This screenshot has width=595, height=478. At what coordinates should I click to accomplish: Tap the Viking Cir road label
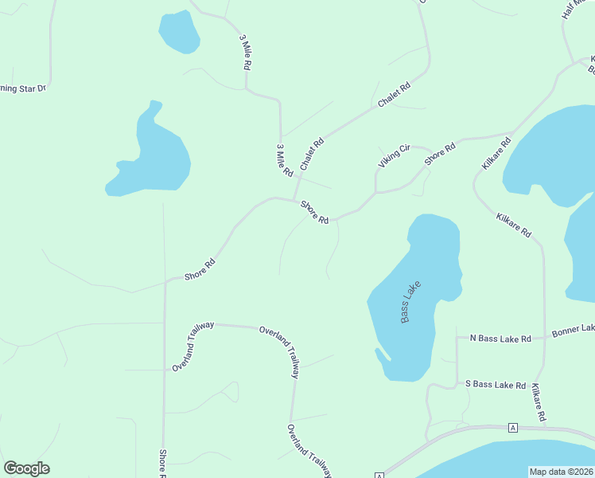(x=394, y=155)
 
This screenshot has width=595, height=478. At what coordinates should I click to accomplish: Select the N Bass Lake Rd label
(x=500, y=339)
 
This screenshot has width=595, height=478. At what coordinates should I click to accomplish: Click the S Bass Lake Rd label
(x=496, y=385)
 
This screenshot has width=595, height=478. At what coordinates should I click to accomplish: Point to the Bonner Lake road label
(x=573, y=328)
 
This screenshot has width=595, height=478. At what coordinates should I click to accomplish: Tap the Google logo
(x=26, y=468)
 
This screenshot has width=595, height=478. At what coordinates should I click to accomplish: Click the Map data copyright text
(x=561, y=472)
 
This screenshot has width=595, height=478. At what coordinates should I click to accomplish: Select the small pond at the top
(x=179, y=33)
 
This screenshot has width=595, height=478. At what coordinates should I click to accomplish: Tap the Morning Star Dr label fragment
(x=22, y=88)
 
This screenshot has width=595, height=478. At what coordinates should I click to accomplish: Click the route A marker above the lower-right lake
(x=513, y=427)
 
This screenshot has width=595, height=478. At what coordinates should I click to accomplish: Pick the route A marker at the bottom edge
(x=379, y=476)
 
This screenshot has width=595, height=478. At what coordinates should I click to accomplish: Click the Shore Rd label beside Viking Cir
(x=440, y=154)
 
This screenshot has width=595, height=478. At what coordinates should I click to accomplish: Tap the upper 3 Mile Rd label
(x=246, y=54)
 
